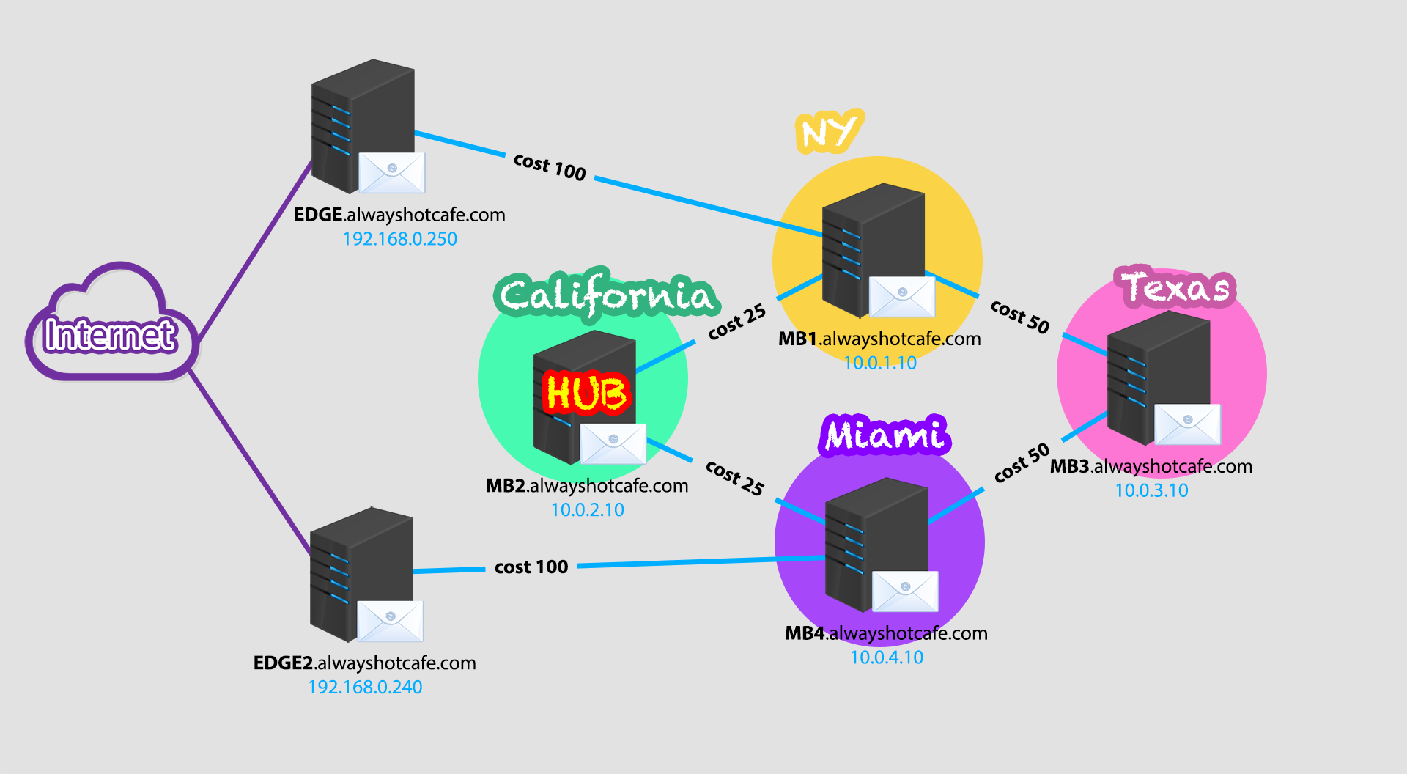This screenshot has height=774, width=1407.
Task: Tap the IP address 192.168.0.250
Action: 400,239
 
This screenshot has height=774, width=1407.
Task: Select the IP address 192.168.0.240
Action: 365,688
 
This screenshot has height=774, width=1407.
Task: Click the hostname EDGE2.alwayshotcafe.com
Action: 364,663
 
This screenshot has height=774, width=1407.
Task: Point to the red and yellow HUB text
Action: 586,392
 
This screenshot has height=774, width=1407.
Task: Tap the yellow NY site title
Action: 829,132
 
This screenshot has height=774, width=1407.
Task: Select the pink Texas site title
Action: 1175,287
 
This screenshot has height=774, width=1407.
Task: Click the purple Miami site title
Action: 885,435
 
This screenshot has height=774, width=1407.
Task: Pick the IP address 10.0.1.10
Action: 880,363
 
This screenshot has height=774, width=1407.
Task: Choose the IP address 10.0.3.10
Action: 1151,490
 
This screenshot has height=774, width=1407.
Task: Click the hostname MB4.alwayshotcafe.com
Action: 886,633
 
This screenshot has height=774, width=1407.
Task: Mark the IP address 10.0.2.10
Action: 587,510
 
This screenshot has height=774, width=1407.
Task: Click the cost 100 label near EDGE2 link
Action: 531,567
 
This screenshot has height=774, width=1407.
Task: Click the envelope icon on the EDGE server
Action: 391,173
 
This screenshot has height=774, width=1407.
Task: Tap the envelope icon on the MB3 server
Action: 1187,424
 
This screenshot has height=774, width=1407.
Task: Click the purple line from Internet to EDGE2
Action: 249,462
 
